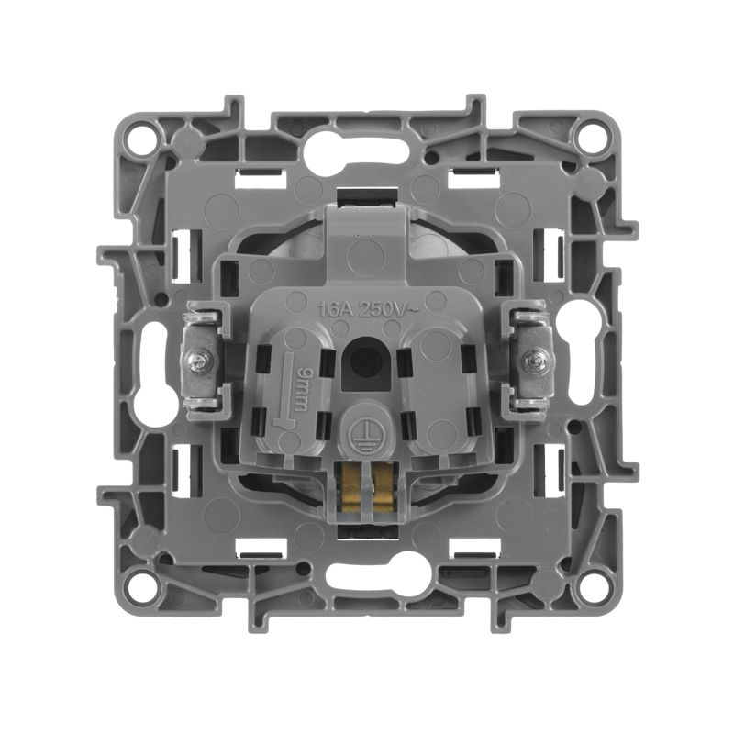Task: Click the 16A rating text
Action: (334, 308)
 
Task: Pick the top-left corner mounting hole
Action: (139, 139)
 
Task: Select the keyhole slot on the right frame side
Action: (583, 352)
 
